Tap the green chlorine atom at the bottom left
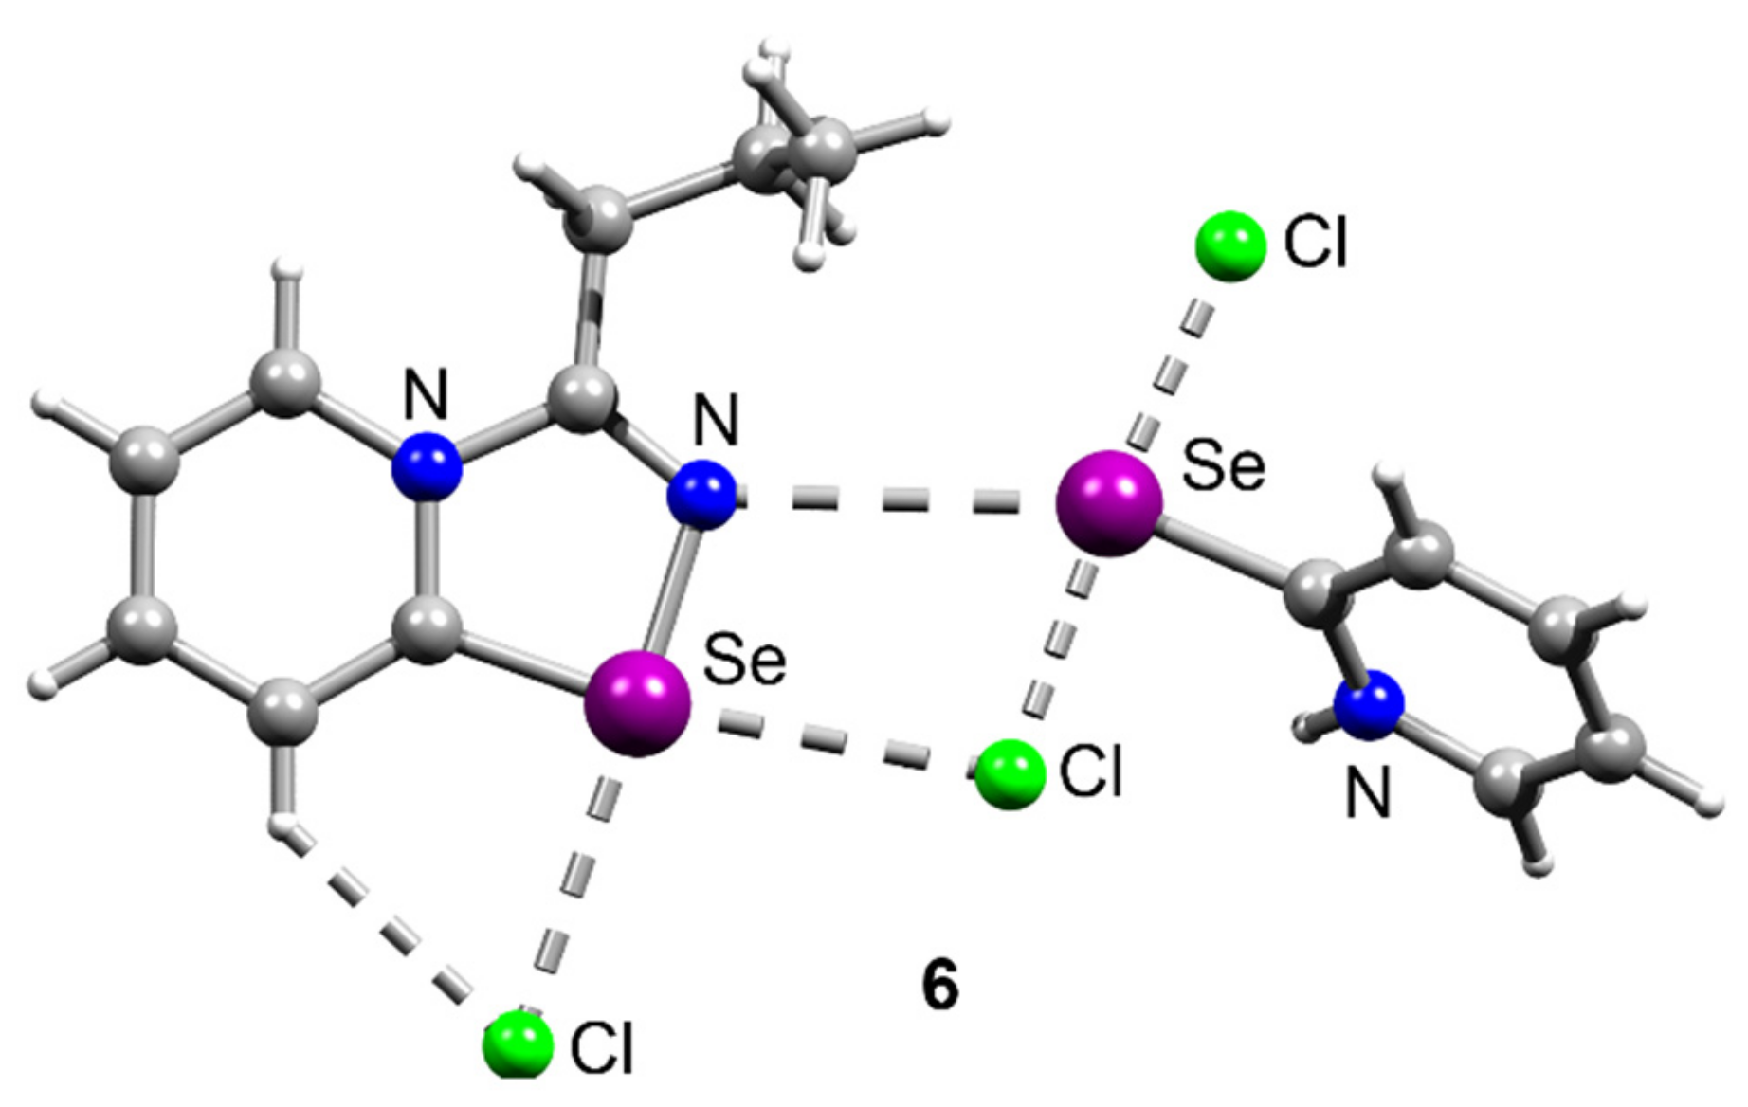coord(518,1044)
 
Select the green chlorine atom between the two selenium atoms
coord(1010,774)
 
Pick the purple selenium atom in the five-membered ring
coord(638,703)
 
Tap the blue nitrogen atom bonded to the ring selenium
coord(701,494)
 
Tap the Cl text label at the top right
coord(1315,243)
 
